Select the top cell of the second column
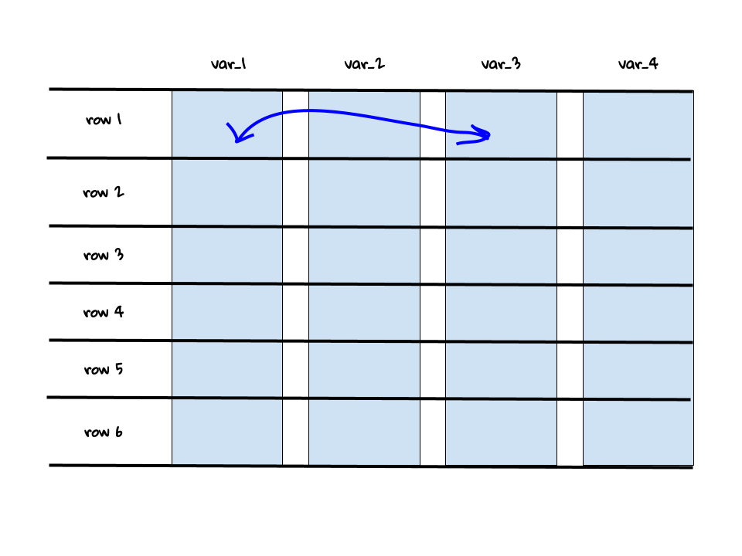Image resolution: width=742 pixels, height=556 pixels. point(364,125)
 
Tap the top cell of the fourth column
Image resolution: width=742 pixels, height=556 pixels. point(638,126)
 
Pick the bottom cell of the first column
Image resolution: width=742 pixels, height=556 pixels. point(227,431)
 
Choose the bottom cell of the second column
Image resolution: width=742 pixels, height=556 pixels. point(364,432)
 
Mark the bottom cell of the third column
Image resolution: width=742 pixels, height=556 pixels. point(501,432)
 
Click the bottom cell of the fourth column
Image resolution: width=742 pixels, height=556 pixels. point(638,432)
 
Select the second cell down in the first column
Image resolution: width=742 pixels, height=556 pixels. point(227,192)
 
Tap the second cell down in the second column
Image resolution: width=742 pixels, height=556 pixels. point(364,193)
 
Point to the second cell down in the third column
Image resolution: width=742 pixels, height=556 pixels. point(501,193)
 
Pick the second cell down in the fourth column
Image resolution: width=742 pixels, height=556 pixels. point(638,194)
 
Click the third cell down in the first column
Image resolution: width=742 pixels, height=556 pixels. point(227,255)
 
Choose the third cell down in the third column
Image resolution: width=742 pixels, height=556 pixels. point(501,256)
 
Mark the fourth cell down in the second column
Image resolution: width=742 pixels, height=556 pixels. point(364,313)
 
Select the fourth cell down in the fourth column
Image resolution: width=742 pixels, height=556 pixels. point(638,314)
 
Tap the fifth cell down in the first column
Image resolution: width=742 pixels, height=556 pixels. point(227,369)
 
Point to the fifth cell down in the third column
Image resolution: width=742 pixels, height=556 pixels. point(501,370)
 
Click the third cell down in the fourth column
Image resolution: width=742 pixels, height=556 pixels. point(638,256)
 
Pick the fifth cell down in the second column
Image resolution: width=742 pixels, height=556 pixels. point(364,370)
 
